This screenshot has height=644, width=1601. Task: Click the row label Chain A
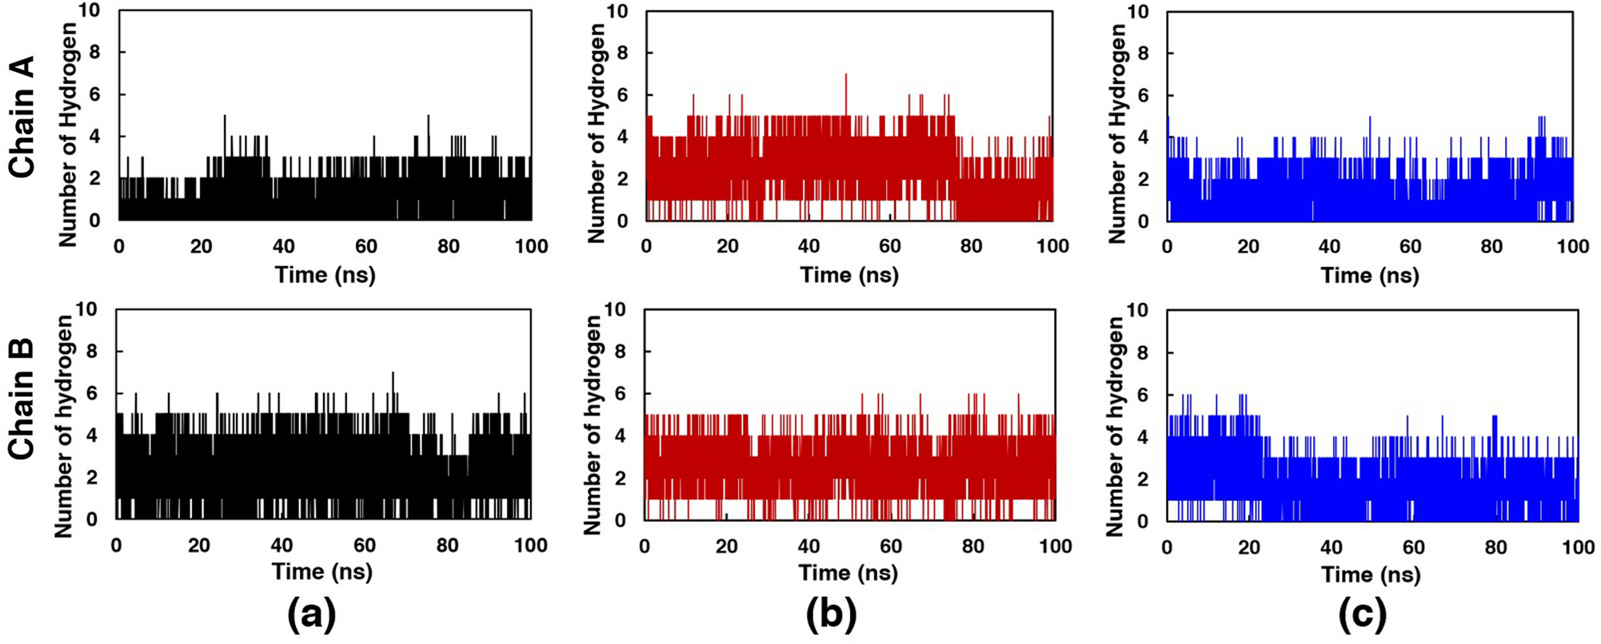(22, 117)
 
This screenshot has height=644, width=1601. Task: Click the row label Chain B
(22, 400)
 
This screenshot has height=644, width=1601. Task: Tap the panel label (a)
(312, 615)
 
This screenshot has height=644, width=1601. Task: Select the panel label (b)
(832, 615)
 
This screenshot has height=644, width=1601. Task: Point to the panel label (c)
(1363, 615)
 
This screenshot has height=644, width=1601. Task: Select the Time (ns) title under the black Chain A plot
(325, 275)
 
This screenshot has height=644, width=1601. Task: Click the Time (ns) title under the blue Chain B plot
(1371, 574)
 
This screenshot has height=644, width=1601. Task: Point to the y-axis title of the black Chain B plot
(65, 425)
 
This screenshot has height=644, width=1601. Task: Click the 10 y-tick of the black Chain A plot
(91, 11)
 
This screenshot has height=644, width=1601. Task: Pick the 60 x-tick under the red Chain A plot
(890, 246)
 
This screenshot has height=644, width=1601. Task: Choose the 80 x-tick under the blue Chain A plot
(1491, 246)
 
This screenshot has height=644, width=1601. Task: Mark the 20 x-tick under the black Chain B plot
(199, 546)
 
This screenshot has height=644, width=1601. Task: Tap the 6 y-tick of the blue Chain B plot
(1143, 395)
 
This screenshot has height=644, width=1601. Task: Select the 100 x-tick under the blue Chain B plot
(1577, 547)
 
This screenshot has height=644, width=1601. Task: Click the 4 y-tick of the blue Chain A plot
(1144, 137)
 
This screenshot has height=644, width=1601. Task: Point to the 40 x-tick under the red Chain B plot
(808, 547)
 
